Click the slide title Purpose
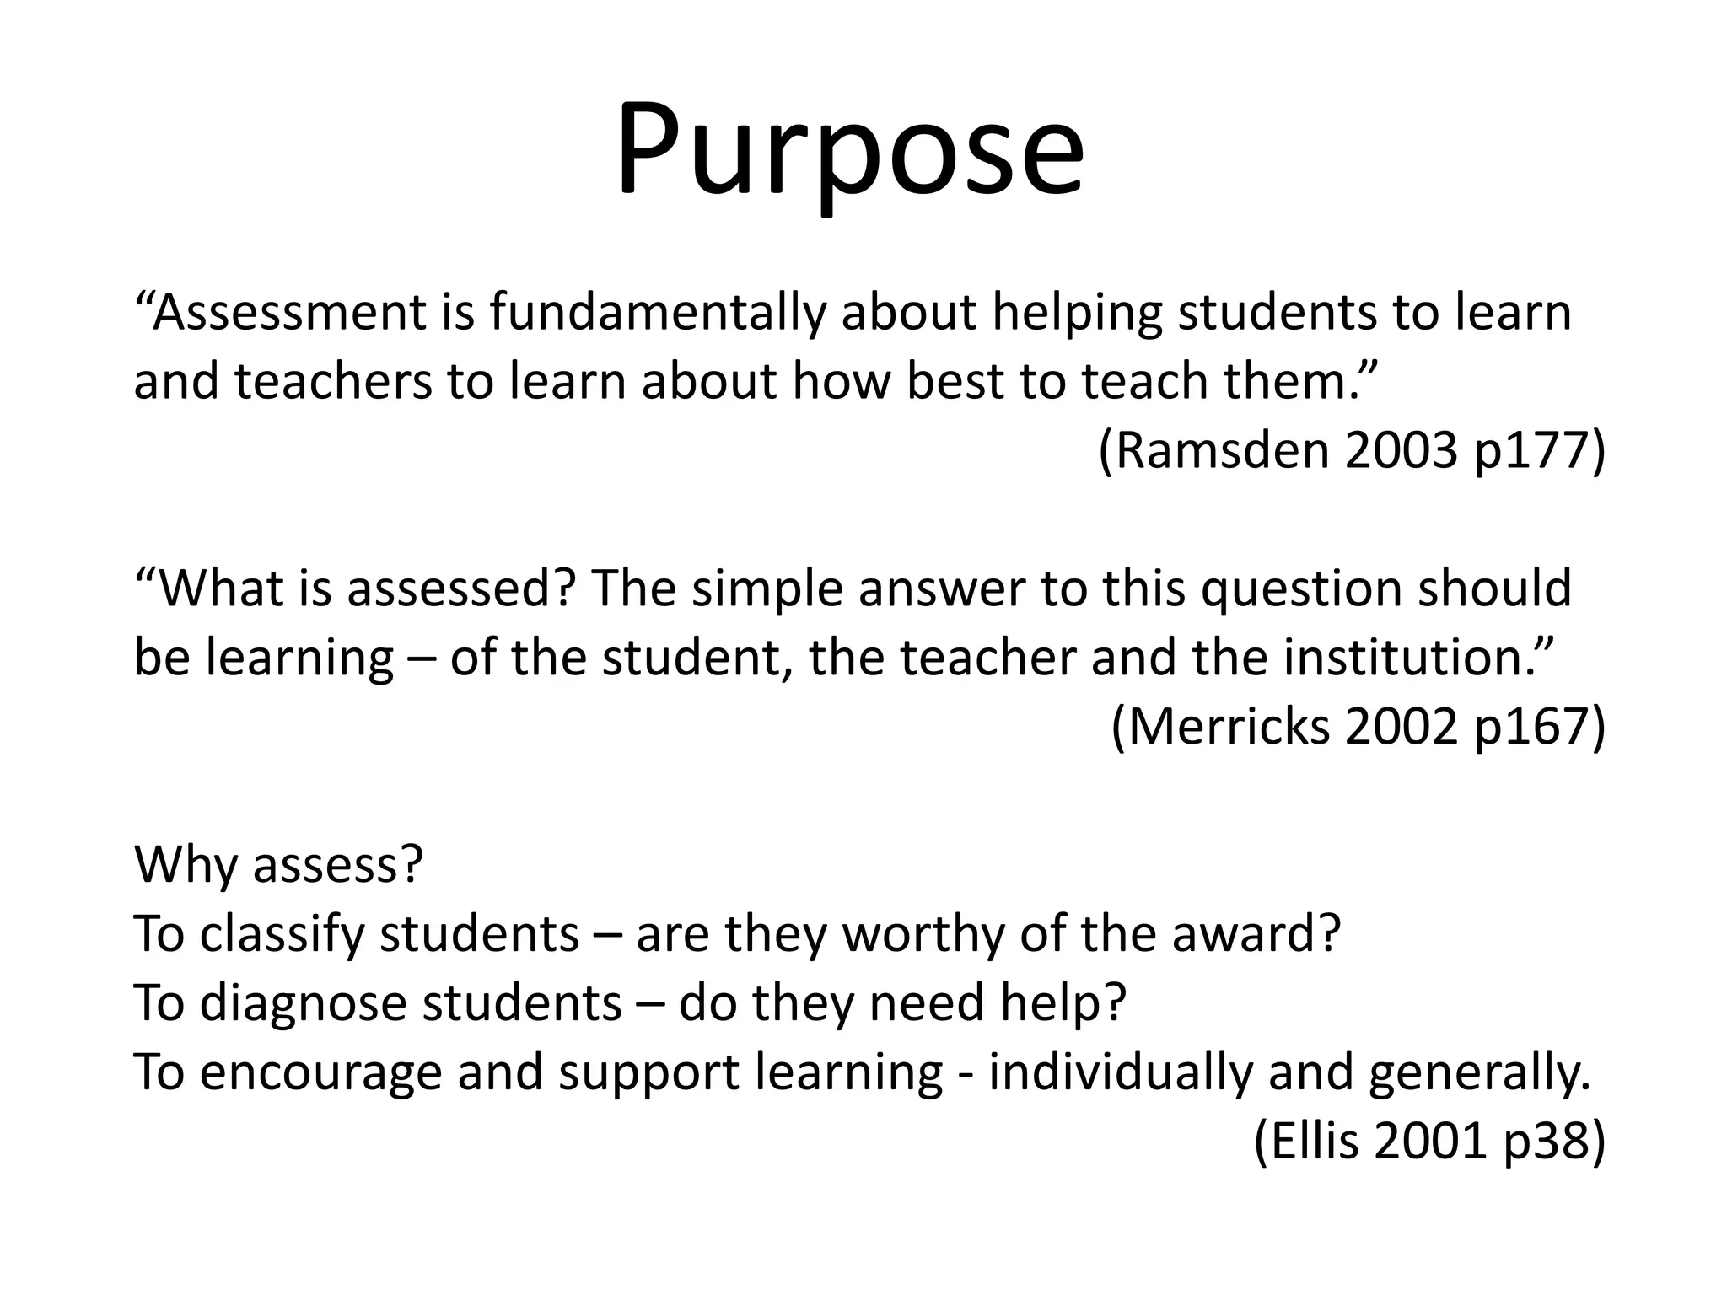click(850, 152)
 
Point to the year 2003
click(1401, 451)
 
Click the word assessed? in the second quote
click(461, 588)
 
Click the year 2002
click(1401, 727)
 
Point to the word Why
click(186, 864)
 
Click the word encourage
click(321, 1072)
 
